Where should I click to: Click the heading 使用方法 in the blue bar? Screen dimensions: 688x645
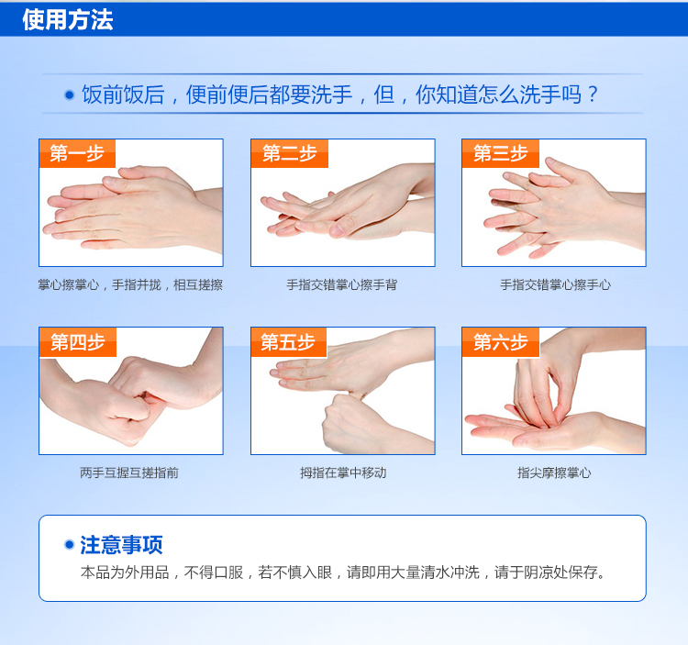68,20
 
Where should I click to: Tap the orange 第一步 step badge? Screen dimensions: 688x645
77,153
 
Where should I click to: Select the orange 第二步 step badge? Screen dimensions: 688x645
290,153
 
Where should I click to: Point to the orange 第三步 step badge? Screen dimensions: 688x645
501,153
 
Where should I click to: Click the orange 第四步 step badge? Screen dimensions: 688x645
78,342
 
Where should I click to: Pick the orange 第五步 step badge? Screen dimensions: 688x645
289,342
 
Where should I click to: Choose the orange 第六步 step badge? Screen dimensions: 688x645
501,342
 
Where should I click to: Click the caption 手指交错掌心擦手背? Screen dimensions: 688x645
342,284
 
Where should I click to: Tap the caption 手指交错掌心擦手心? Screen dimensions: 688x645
556,284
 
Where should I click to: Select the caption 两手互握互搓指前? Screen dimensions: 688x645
129,473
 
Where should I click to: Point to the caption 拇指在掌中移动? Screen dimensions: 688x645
343,473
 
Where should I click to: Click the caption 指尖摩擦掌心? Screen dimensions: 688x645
554,473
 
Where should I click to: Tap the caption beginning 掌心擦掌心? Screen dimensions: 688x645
130,284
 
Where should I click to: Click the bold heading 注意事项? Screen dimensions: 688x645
121,545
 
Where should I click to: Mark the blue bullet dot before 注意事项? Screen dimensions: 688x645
69,544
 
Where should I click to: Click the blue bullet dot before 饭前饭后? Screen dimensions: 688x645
70,95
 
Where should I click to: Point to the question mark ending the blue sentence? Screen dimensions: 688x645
593,95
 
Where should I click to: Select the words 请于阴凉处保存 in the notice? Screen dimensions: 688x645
549,573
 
